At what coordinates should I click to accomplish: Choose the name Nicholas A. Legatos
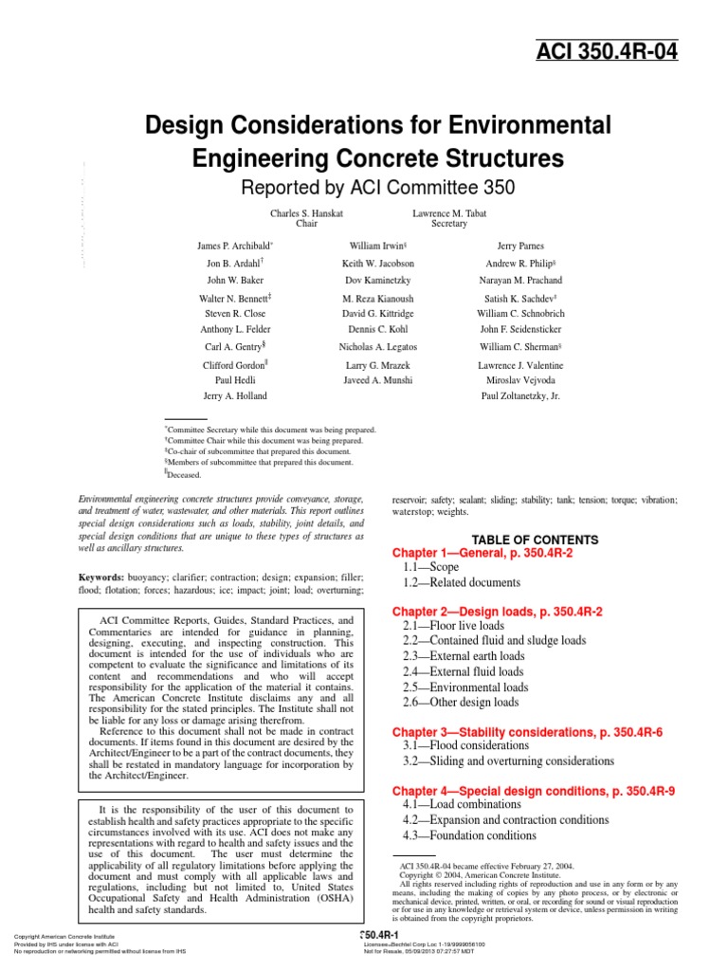pos(377,347)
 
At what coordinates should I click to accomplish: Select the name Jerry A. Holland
pos(235,396)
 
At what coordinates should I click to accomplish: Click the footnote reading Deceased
pos(184,475)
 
